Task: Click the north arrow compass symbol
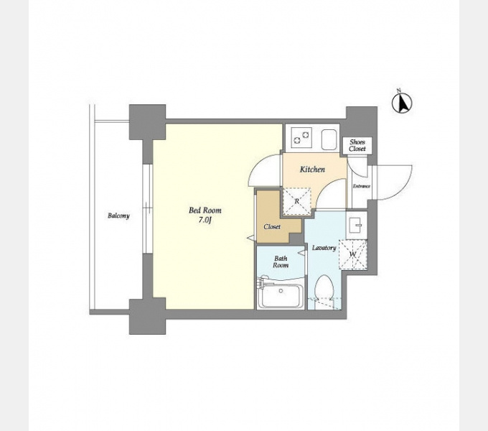[x=402, y=102]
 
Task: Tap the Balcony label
[x=118, y=215]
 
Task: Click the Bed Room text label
[x=205, y=210]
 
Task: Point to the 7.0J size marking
[x=205, y=221]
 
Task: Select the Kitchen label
[x=312, y=170]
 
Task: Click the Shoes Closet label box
[x=357, y=145]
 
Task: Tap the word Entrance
[x=361, y=186]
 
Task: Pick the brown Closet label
[x=272, y=227]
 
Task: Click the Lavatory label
[x=324, y=248]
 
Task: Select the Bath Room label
[x=281, y=262]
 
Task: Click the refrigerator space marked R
[x=296, y=201]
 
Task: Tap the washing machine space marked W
[x=352, y=254]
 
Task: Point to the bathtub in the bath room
[x=281, y=295]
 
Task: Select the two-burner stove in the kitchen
[x=301, y=138]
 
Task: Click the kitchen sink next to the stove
[x=329, y=139]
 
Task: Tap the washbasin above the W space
[x=357, y=225]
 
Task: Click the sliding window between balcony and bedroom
[x=148, y=209]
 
